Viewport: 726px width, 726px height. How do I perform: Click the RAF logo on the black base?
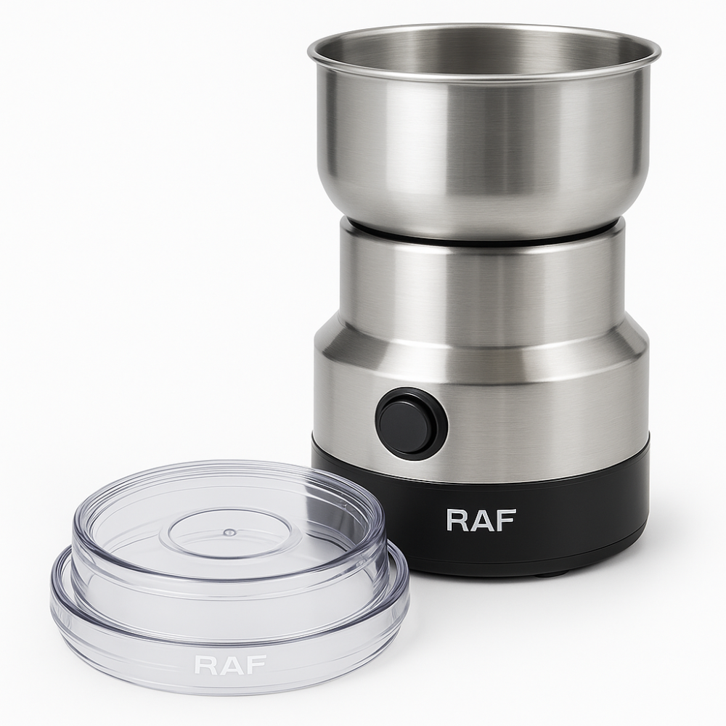pyautogui.click(x=481, y=521)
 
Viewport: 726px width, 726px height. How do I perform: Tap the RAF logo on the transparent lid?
pyautogui.click(x=230, y=664)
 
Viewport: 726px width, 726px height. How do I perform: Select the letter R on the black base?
pyautogui.click(x=457, y=521)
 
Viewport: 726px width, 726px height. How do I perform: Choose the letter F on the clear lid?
pyautogui.click(x=258, y=664)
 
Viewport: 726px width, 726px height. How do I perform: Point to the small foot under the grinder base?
pyautogui.click(x=547, y=574)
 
